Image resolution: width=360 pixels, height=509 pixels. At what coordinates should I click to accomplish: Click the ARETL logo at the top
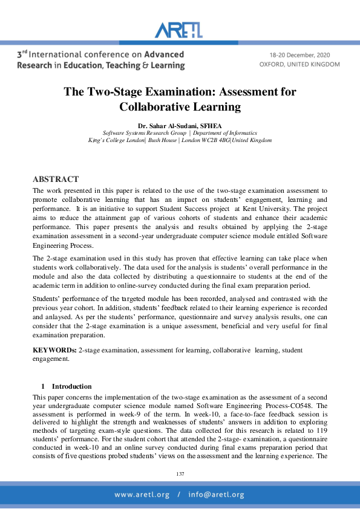(x=180, y=30)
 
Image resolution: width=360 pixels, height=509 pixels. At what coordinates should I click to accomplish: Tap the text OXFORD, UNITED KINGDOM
(x=299, y=63)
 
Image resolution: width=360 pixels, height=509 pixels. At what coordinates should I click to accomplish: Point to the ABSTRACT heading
(x=55, y=179)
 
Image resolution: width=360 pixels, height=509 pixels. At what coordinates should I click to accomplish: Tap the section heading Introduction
(x=71, y=386)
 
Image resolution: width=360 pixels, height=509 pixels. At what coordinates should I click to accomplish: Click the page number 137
(x=180, y=474)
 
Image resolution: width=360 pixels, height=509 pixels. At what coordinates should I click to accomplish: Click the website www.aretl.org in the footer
(x=142, y=494)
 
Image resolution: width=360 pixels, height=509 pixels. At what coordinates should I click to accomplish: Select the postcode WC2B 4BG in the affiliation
(x=217, y=140)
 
